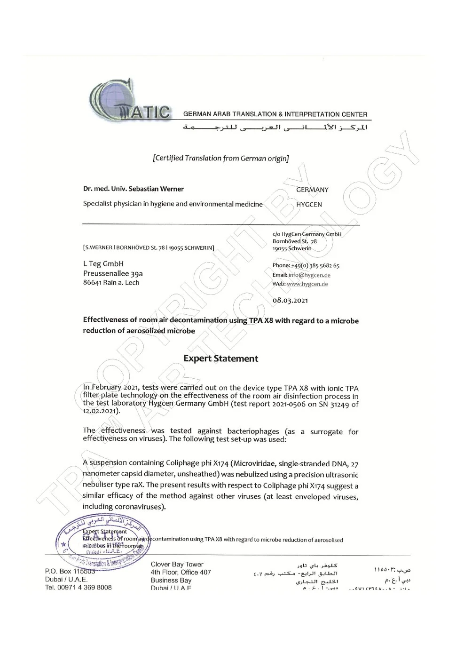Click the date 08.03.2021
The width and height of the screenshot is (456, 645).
tap(291, 300)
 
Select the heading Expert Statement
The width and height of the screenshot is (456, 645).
tap(220, 358)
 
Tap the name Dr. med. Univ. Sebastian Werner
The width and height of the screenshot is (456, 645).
tap(134, 189)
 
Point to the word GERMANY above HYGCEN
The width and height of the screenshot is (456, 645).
tap(312, 190)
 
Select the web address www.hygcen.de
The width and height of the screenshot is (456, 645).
tap(307, 284)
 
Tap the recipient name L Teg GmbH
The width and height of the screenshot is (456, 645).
tap(103, 264)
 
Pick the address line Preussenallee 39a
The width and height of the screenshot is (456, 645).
tap(113, 273)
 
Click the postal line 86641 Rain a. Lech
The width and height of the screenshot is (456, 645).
tap(111, 283)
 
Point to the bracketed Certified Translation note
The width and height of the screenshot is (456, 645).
tap(221, 158)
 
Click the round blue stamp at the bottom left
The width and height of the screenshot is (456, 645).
tap(102, 541)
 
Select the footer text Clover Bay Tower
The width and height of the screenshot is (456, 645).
tap(177, 565)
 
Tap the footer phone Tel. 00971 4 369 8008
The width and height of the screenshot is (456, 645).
tap(79, 587)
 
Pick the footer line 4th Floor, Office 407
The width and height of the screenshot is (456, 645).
tap(181, 572)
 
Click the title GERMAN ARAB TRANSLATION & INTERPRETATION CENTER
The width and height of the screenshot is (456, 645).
tap(275, 114)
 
